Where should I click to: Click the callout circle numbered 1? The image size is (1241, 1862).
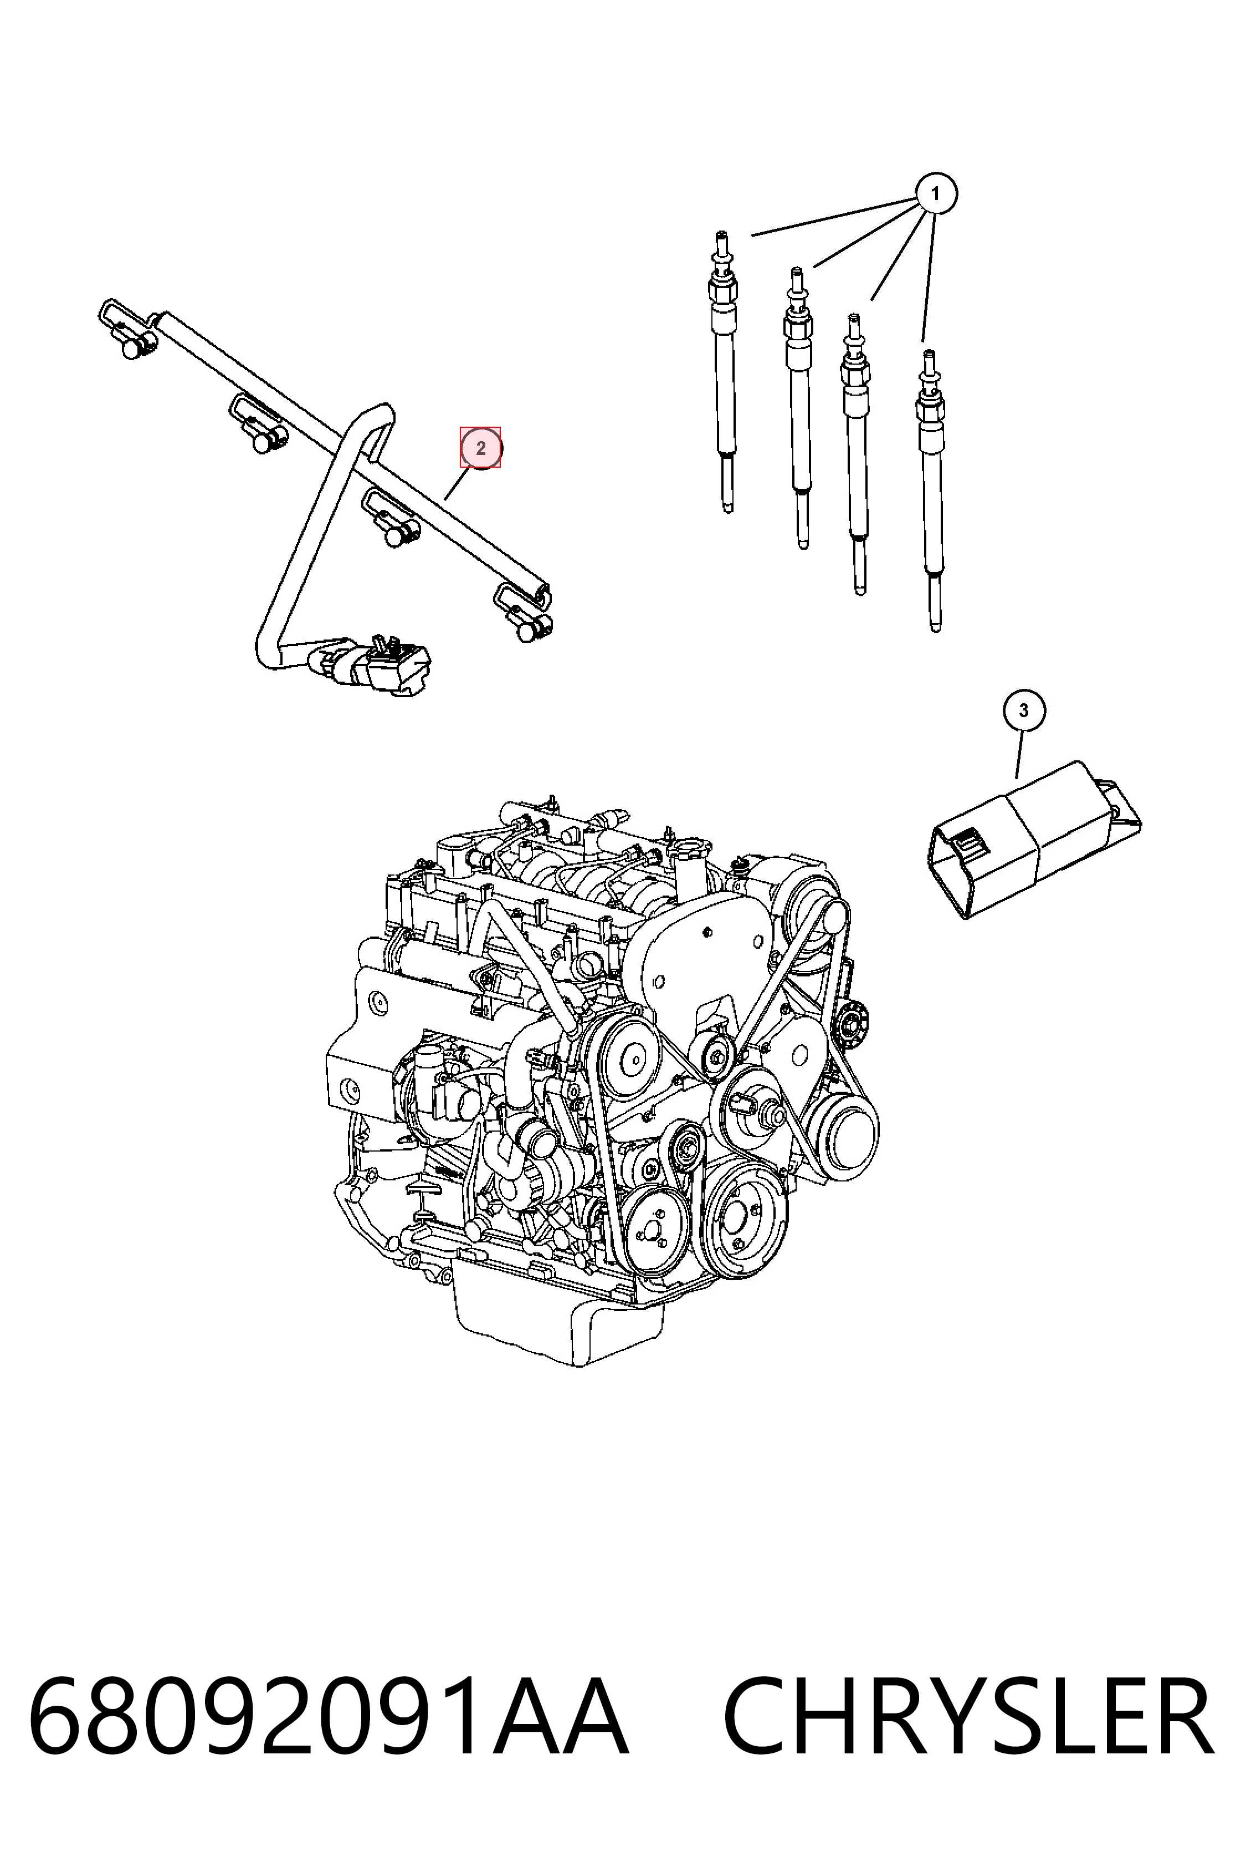(x=936, y=193)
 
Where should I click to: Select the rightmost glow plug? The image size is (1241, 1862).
(x=931, y=491)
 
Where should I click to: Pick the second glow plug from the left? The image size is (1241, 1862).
(x=798, y=408)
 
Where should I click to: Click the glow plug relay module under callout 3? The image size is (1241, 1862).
(x=1033, y=839)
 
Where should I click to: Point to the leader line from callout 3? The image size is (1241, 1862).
(x=1019, y=754)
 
